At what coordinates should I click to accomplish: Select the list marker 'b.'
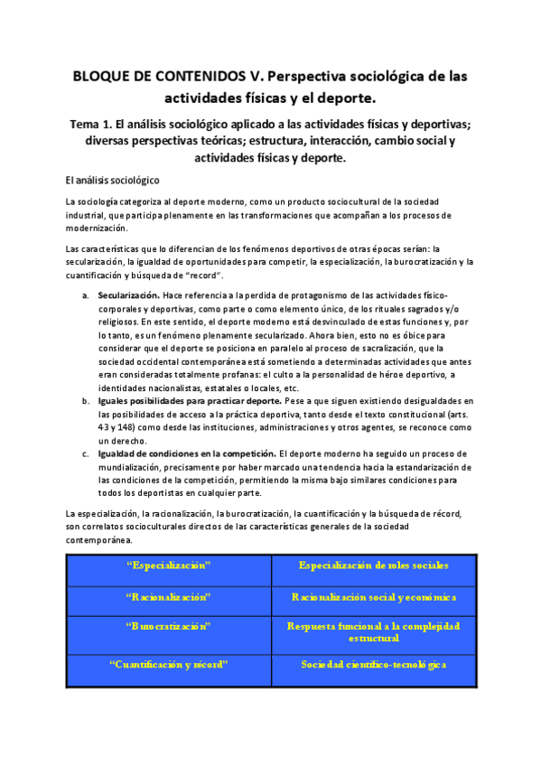coord(85,400)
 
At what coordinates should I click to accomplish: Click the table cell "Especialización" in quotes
coord(169,565)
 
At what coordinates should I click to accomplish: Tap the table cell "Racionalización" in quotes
coord(169,598)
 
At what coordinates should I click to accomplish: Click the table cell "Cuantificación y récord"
coord(169,664)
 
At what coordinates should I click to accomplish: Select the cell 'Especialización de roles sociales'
coord(373,565)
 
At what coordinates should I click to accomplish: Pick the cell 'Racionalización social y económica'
coord(373,598)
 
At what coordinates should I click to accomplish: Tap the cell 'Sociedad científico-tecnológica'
coord(373,664)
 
